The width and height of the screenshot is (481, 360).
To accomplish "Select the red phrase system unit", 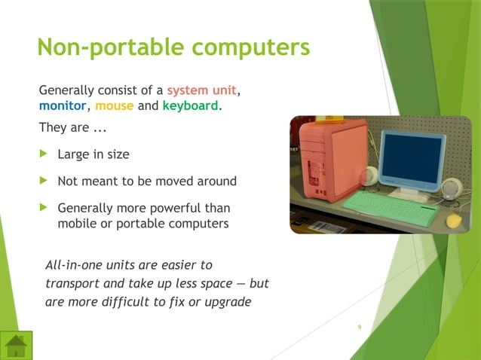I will tap(202, 92).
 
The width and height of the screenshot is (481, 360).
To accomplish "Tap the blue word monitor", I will tap(63, 106).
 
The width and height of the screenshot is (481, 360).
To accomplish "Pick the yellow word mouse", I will tap(115, 106).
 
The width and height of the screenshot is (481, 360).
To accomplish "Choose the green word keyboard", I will tap(190, 106).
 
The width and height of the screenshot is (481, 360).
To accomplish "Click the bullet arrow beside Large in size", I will tap(43, 154).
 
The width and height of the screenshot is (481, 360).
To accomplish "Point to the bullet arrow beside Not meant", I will tap(43, 181).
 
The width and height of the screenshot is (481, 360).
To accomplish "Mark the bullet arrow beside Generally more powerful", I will tap(43, 208).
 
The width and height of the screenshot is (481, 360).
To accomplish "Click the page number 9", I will tap(359, 327).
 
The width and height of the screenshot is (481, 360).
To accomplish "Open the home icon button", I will tap(16, 345).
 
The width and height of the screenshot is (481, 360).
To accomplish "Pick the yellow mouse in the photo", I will tap(454, 221).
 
